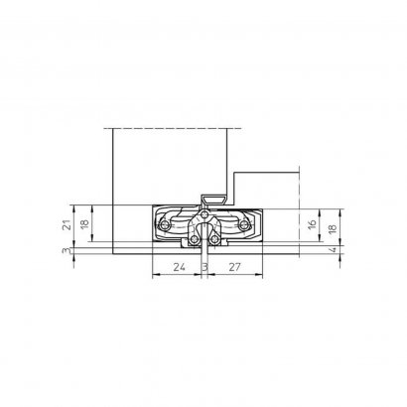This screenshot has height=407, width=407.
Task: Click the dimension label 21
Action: [68, 225]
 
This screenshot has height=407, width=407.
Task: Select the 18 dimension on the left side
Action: [85, 223]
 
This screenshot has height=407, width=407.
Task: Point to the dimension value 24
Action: [179, 267]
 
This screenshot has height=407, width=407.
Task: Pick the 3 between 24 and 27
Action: [204, 267]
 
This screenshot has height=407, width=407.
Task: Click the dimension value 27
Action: [234, 267]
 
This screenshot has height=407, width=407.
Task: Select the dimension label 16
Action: [313, 224]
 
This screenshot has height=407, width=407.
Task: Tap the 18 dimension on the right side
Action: [333, 228]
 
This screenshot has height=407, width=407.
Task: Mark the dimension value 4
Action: [334, 249]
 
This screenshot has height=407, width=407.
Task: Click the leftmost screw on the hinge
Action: [165, 226]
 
